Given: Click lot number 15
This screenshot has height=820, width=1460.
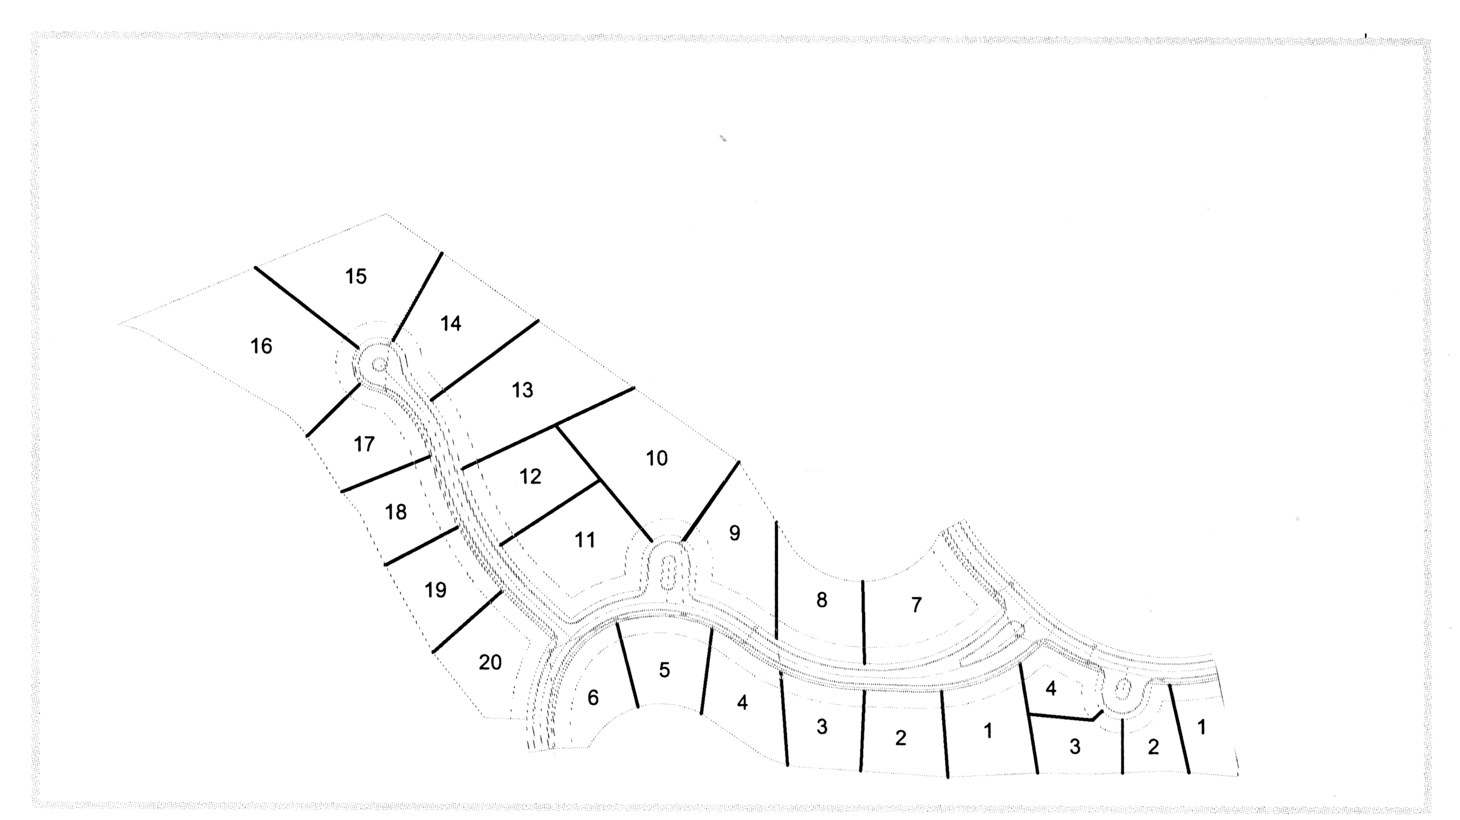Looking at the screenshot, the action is [356, 277].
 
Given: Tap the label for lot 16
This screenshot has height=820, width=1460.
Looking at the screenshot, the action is [261, 346].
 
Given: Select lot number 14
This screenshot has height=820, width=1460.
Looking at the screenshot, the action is [450, 324].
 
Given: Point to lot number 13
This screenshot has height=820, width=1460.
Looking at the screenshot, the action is [522, 390].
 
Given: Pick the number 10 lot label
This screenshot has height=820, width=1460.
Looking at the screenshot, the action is [656, 458].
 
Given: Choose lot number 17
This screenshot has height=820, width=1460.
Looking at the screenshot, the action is [364, 444].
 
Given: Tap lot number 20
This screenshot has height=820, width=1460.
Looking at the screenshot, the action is [490, 662].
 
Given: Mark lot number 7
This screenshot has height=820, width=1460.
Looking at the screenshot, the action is [916, 605].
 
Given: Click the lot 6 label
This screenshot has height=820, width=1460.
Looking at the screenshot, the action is [593, 697].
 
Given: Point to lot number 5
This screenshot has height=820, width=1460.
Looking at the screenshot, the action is [664, 671].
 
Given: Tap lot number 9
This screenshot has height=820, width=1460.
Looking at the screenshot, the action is [735, 533].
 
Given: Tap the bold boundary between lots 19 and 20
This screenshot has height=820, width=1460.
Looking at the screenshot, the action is [467, 622].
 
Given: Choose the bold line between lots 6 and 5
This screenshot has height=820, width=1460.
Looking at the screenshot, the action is [627, 666].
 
